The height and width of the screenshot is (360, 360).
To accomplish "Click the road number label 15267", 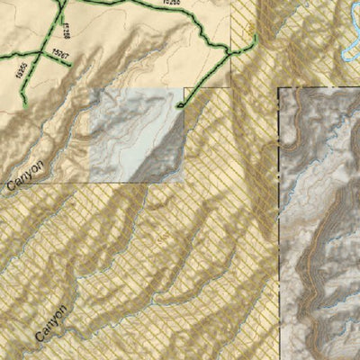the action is (60, 56).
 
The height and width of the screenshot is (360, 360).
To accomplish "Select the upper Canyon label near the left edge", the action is (24, 174).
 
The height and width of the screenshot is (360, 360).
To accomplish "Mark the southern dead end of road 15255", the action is (26, 107).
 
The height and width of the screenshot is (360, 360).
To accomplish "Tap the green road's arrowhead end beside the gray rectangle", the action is (180, 107).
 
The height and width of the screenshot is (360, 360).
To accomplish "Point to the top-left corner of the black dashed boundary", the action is (278, 88).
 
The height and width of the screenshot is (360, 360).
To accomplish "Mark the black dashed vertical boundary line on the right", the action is (278, 225).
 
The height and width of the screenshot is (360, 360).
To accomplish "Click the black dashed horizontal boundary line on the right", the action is (319, 88).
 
